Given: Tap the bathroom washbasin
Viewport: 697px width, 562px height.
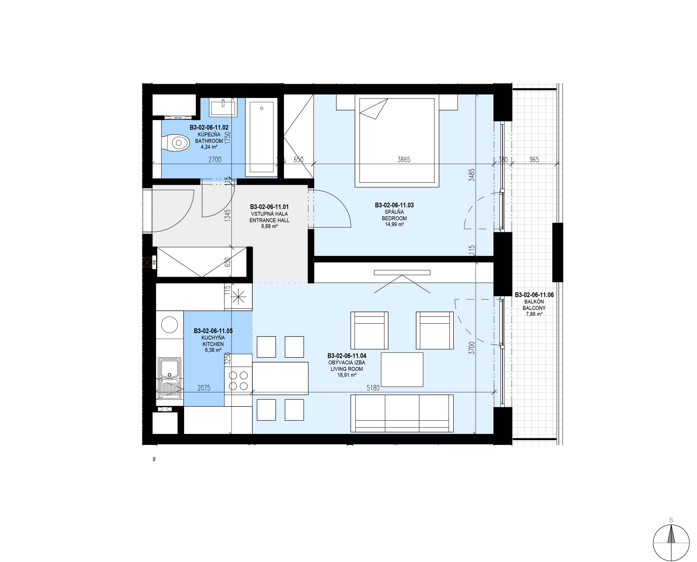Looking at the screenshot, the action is click(x=223, y=107).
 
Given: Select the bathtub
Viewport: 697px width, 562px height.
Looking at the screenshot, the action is click(x=262, y=137).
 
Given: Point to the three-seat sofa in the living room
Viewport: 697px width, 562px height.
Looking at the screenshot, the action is click(x=402, y=413).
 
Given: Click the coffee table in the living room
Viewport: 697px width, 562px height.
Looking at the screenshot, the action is click(x=402, y=369).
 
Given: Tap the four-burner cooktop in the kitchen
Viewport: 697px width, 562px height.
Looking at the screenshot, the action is click(x=238, y=381).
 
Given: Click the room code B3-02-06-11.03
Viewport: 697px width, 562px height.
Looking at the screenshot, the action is click(x=394, y=205).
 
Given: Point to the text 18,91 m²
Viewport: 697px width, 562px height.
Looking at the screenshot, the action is click(x=347, y=375).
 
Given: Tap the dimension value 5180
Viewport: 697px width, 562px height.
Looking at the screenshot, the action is click(x=373, y=388).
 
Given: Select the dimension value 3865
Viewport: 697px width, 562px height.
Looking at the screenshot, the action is click(x=404, y=159).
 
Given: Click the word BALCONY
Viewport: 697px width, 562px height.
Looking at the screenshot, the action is click(x=534, y=308).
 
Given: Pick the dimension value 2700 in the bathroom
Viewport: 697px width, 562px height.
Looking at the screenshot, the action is click(x=215, y=159).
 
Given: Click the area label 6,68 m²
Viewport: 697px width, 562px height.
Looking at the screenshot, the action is click(x=269, y=226).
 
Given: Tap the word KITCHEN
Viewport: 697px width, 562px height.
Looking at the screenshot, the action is click(x=213, y=344).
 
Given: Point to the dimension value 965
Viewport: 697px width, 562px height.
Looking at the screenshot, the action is click(x=534, y=159).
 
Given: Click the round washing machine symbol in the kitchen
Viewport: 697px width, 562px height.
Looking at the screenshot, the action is click(x=169, y=324).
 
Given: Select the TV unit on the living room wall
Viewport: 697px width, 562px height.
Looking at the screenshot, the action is click(x=402, y=272).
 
